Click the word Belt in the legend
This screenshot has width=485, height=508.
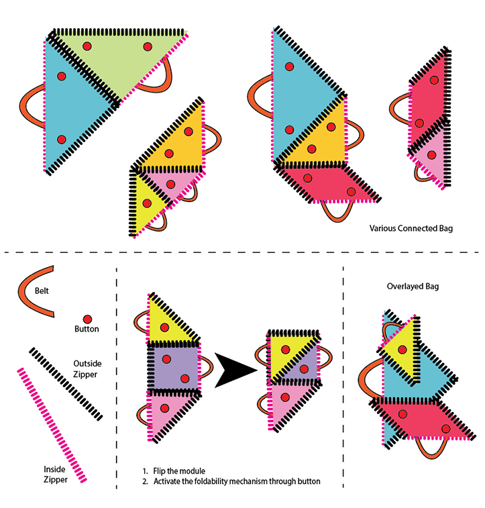click(x=42, y=291)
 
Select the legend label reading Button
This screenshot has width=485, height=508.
click(x=87, y=329)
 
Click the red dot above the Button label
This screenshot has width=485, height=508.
click(x=87, y=319)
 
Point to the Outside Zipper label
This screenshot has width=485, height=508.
click(x=87, y=368)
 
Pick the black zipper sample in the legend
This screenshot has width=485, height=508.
click(x=66, y=384)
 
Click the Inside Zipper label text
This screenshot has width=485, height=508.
click(x=56, y=474)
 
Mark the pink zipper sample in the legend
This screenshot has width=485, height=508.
click(x=52, y=425)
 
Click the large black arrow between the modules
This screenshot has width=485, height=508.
click(x=235, y=370)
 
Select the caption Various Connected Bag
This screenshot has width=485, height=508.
click(x=411, y=228)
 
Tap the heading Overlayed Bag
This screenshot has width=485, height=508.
click(x=413, y=287)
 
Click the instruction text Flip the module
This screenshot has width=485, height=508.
click(x=179, y=470)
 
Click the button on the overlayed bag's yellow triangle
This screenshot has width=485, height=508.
click(x=402, y=350)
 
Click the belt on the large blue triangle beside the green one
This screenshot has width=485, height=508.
click(x=32, y=106)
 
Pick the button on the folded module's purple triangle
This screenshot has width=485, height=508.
click(x=304, y=369)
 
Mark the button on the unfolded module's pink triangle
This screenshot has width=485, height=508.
click(x=165, y=408)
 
